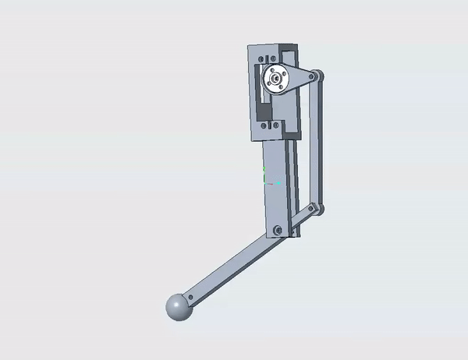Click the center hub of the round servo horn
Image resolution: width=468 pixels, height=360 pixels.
[x=275, y=79]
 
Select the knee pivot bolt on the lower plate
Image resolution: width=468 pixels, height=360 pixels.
[x=277, y=230]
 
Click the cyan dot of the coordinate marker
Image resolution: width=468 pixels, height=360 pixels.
[x=278, y=183]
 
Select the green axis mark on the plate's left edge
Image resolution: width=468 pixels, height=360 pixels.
[x=264, y=168]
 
